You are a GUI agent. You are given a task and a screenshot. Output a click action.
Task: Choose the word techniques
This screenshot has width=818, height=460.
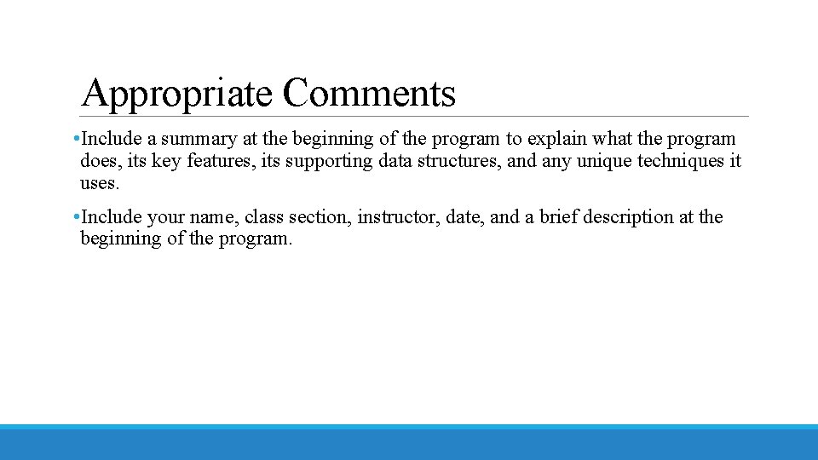click(682, 161)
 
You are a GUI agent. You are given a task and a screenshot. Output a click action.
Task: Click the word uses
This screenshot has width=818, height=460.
click(100, 183)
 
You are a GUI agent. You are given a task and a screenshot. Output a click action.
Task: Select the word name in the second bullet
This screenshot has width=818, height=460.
click(211, 218)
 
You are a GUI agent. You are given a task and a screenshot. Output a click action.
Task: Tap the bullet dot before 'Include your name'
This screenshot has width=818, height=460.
click(77, 217)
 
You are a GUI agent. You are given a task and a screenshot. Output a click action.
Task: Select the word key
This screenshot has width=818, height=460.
click(165, 162)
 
